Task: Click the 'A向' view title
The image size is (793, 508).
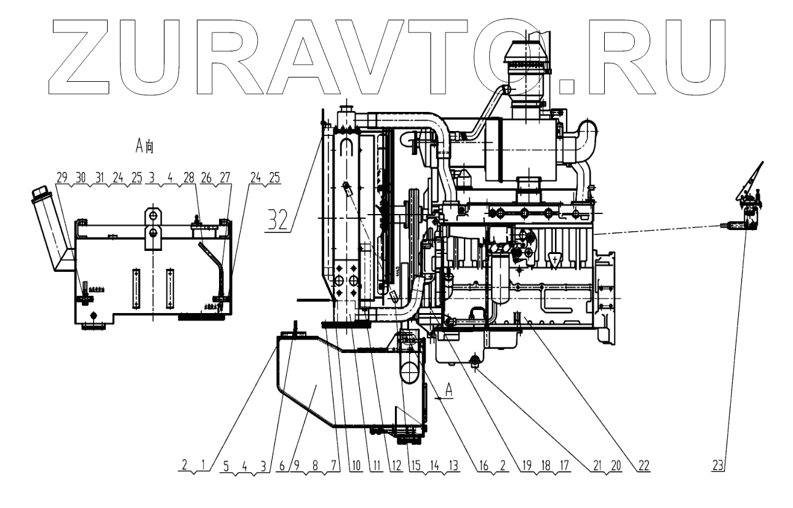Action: (145, 146)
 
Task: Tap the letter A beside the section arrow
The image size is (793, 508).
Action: (449, 390)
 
